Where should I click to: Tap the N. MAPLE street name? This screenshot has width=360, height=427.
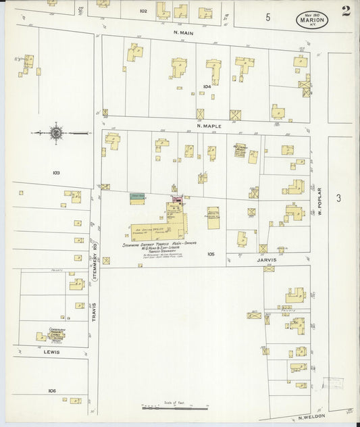pyautogui.click(x=209, y=125)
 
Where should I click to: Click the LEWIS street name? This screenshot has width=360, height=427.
pyautogui.click(x=51, y=352)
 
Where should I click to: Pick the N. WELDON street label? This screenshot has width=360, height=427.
pyautogui.click(x=311, y=419)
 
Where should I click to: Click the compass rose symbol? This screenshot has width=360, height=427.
pyautogui.click(x=55, y=132)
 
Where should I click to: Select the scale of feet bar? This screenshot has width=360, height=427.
pyautogui.click(x=174, y=408)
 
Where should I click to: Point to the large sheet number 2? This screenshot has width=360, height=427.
pyautogui.click(x=346, y=10)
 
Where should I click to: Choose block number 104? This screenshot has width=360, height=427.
pyautogui.click(x=207, y=86)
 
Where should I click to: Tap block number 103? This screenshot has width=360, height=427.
pyautogui.click(x=56, y=173)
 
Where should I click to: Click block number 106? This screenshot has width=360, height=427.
pyautogui.click(x=52, y=391)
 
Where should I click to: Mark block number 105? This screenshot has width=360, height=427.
pyautogui.click(x=211, y=254)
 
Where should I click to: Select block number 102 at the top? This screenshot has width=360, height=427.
pyautogui.click(x=143, y=11)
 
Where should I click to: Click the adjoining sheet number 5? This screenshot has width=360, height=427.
pyautogui.click(x=268, y=17)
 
